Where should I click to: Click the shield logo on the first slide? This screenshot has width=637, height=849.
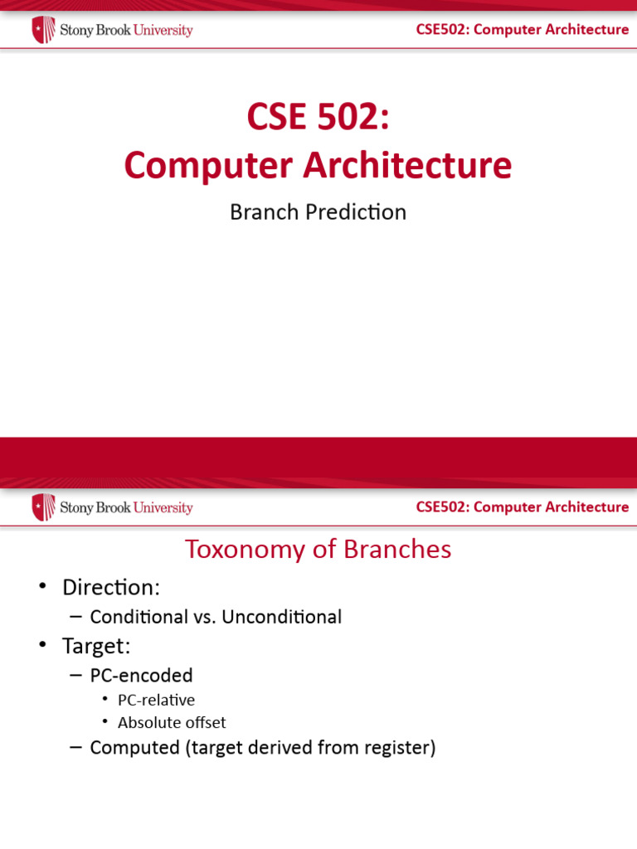tap(43, 30)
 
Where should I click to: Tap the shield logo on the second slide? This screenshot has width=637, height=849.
tap(43, 507)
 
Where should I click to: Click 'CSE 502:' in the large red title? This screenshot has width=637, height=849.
tap(318, 116)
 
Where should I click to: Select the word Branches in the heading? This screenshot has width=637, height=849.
tap(402, 549)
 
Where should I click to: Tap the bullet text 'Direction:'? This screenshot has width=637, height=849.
tap(110, 588)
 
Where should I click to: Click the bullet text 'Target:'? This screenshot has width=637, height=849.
tap(96, 646)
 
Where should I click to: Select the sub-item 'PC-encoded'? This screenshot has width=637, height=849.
tap(141, 676)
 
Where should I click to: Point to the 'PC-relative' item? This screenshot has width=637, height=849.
tap(156, 700)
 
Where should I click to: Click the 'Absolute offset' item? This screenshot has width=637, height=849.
tap(172, 722)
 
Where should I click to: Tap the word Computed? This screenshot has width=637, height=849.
tap(134, 748)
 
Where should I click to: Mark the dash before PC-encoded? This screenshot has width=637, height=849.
tap(76, 676)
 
